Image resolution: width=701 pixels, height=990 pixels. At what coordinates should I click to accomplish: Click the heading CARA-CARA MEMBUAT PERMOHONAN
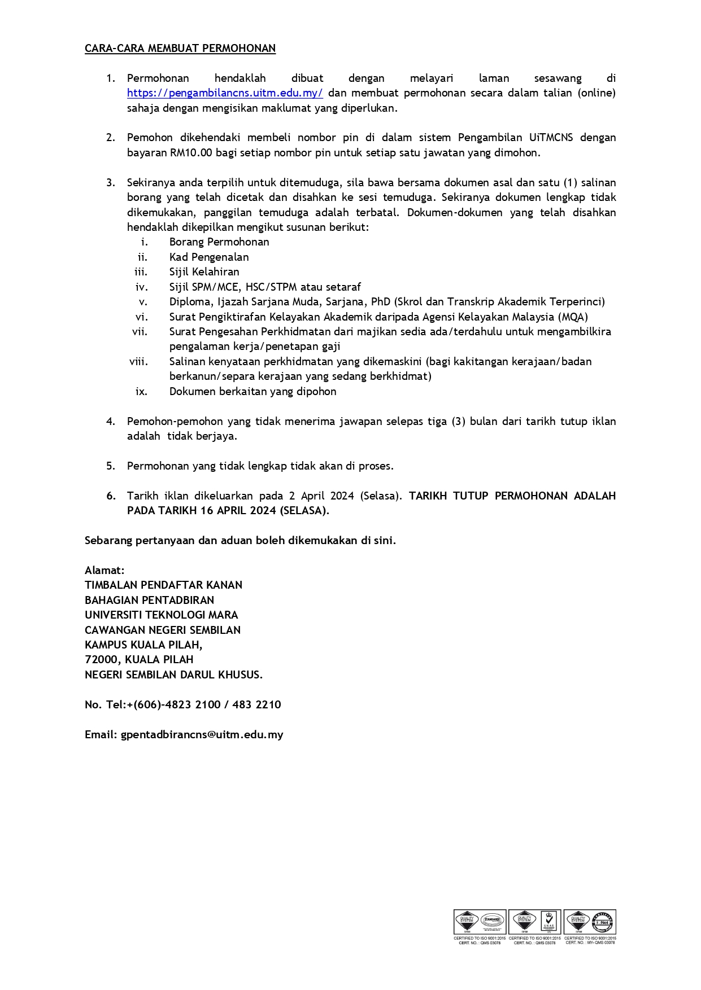[x=180, y=49]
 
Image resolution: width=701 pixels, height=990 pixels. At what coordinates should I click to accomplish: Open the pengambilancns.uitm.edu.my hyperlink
[x=225, y=93]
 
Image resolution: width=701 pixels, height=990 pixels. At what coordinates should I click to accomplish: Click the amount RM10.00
[x=191, y=153]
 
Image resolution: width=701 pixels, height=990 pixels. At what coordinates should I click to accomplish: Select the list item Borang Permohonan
[x=219, y=242]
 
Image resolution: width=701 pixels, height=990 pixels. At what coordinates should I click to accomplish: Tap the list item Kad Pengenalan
[x=209, y=257]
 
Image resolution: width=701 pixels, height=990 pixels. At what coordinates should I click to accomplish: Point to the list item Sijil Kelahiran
[x=204, y=272]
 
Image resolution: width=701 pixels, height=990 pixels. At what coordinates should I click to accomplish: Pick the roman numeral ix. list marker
[x=141, y=392]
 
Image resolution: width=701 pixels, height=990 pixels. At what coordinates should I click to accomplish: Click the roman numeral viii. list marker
[x=138, y=362]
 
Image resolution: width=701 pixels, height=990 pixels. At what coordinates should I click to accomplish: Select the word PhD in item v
[x=381, y=302]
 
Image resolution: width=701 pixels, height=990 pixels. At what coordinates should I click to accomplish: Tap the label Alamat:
[x=105, y=571]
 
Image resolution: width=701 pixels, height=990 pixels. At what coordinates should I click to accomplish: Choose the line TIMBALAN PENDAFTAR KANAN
[x=163, y=585]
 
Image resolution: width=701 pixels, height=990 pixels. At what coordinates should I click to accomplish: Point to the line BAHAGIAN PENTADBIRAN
[x=149, y=601]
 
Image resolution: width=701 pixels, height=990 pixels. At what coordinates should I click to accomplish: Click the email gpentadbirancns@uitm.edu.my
[x=202, y=735]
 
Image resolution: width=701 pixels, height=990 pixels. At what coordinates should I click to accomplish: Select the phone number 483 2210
[x=256, y=705]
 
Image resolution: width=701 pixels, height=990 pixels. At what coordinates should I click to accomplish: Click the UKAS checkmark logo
[x=549, y=922]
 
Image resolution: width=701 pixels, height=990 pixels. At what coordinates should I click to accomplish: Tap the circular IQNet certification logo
[x=604, y=922]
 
